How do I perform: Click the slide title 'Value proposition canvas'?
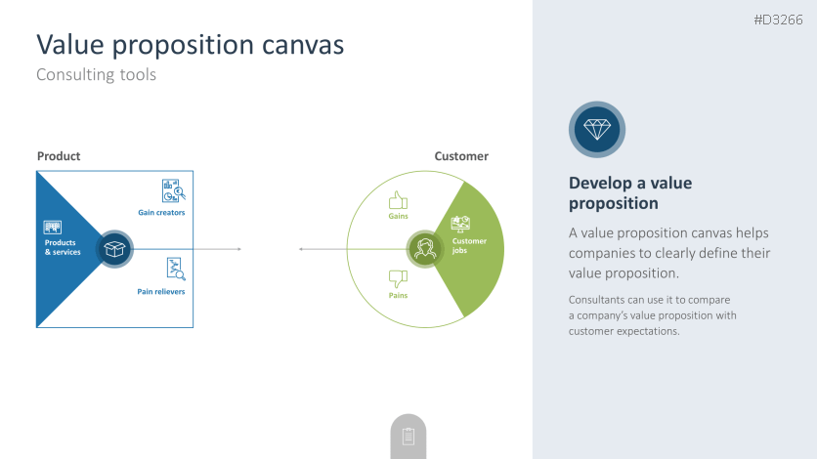190,44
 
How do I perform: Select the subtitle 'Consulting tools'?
96,74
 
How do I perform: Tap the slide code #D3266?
778,20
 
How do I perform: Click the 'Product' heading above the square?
59,156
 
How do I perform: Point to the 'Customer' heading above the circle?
461,156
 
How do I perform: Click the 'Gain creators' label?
161,212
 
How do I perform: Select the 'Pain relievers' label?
161,291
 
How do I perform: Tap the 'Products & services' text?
63,248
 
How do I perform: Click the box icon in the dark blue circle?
115,250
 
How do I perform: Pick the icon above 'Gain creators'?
173,190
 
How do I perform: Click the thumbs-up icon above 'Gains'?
398,200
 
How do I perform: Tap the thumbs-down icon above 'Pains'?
398,277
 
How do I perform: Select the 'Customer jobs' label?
469,245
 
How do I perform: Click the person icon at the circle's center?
424,249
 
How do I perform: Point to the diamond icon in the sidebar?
596,129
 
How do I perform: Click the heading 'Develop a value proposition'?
630,193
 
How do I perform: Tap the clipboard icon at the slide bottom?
408,437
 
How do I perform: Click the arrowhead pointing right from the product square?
238,249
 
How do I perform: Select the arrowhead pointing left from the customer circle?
301,249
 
